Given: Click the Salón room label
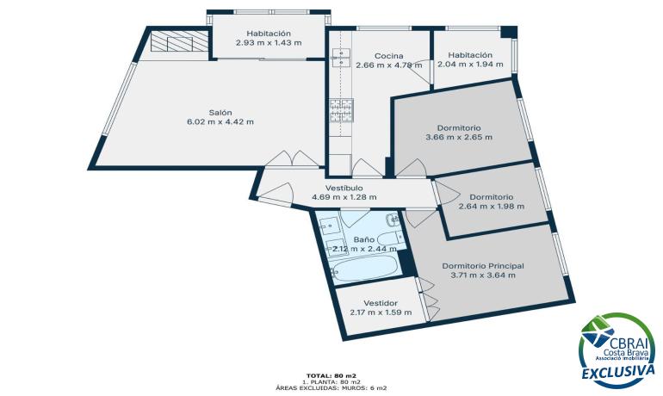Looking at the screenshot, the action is [220, 113].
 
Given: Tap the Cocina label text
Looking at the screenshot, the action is [388, 56].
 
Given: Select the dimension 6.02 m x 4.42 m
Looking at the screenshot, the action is [220, 122].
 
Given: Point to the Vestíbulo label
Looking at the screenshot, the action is [344, 188].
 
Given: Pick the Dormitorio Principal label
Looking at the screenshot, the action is [483, 266].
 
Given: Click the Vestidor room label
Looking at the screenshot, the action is [381, 303].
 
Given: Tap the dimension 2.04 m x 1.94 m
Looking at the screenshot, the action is [470, 65].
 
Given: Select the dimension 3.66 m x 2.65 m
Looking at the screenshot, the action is [459, 138].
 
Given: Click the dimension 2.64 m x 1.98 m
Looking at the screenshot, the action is [492, 207].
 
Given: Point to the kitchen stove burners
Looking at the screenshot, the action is [341, 110].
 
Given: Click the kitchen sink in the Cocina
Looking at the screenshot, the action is [341, 58].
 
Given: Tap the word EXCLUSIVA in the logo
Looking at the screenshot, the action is [617, 372].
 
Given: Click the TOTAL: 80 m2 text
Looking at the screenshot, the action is [331, 375].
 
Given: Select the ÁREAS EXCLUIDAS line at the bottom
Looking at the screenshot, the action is [331, 387].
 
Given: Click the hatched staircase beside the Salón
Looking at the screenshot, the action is [180, 41].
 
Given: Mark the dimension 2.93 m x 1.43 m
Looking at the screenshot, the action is [269, 43].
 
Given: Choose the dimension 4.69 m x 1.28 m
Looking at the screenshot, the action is [344, 197].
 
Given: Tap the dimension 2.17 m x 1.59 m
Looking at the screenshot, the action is [381, 312].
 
